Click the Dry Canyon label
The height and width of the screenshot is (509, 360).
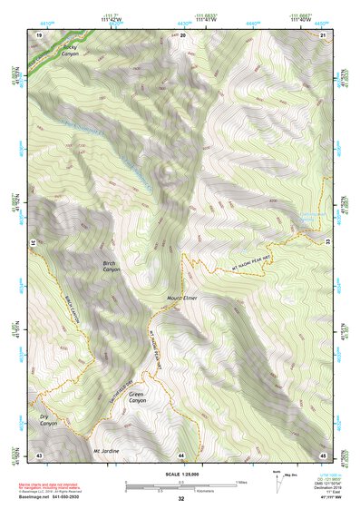(x=48, y=421)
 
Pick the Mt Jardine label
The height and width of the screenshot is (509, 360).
(x=107, y=450)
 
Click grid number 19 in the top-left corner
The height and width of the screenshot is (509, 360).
(x=39, y=34)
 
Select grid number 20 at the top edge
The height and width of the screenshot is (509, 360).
(x=183, y=34)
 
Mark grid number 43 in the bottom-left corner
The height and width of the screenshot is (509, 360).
(x=39, y=454)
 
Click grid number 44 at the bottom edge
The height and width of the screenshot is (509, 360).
(x=181, y=454)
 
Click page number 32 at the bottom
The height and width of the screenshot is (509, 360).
(x=181, y=499)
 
